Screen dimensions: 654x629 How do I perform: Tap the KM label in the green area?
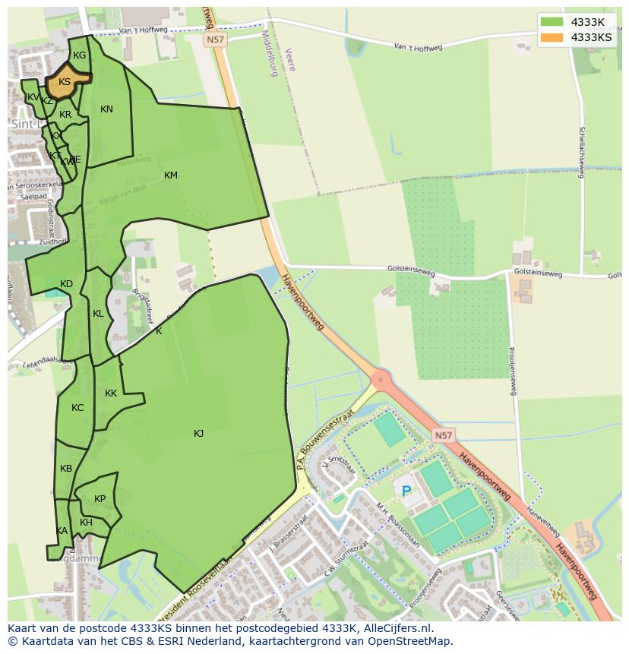(171, 175)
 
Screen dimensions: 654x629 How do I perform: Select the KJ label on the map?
(198, 434)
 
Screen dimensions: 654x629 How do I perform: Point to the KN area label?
(106, 109)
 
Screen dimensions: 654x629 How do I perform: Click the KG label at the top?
(79, 55)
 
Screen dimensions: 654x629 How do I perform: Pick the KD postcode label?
(66, 284)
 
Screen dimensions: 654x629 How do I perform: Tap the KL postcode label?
(98, 314)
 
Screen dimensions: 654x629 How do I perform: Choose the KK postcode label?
(111, 393)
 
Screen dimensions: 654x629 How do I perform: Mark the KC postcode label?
(77, 408)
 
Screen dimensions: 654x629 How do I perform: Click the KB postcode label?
(66, 469)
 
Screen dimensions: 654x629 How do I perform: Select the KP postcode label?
(100, 499)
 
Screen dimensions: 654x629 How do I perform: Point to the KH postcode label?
(86, 523)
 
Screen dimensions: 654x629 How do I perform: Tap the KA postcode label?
(62, 531)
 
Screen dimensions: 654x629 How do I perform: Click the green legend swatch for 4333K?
(552, 21)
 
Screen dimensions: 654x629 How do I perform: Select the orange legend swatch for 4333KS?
(552, 36)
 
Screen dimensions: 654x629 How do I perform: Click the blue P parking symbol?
(406, 491)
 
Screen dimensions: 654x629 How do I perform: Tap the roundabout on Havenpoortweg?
(378, 378)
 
